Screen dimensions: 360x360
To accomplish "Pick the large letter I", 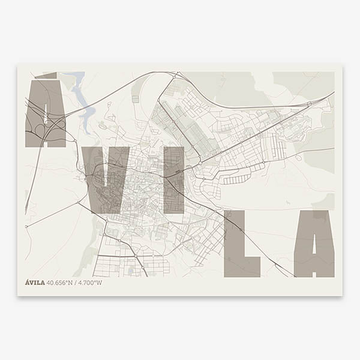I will click(x=173, y=180).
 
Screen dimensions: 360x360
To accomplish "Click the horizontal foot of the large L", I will click(x=242, y=267).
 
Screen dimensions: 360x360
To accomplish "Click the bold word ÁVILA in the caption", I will click(x=35, y=283).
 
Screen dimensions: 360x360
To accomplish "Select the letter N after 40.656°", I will click(x=73, y=283).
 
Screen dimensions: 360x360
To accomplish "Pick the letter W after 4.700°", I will click(x=100, y=283).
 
